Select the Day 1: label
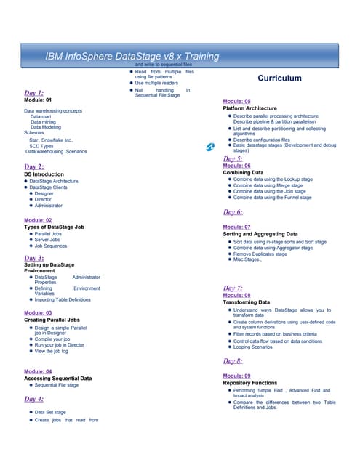coord(34,93)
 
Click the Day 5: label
coord(233,158)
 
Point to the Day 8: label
coord(233,360)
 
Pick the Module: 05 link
coord(237,101)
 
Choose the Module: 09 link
coord(237,376)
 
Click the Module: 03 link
coord(38,312)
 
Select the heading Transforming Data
coord(247,302)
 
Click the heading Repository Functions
coord(249,383)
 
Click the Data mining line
coord(45,121)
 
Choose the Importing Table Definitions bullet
coord(63,299)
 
